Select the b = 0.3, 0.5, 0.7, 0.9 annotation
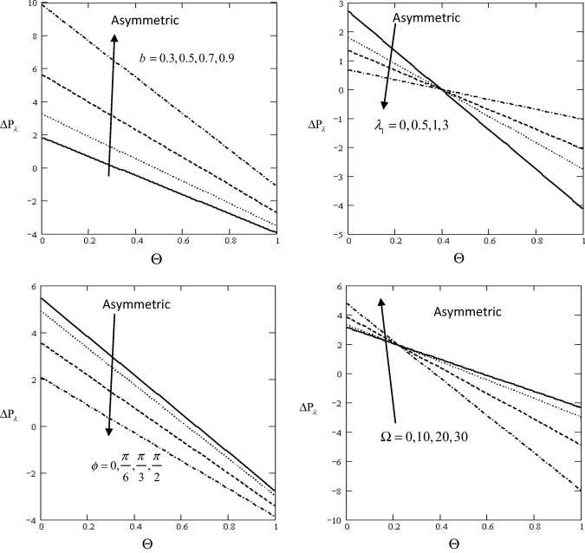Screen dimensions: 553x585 pyautogui.click(x=187, y=58)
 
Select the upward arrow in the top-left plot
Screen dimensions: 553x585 pyautogui.click(x=112, y=104)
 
